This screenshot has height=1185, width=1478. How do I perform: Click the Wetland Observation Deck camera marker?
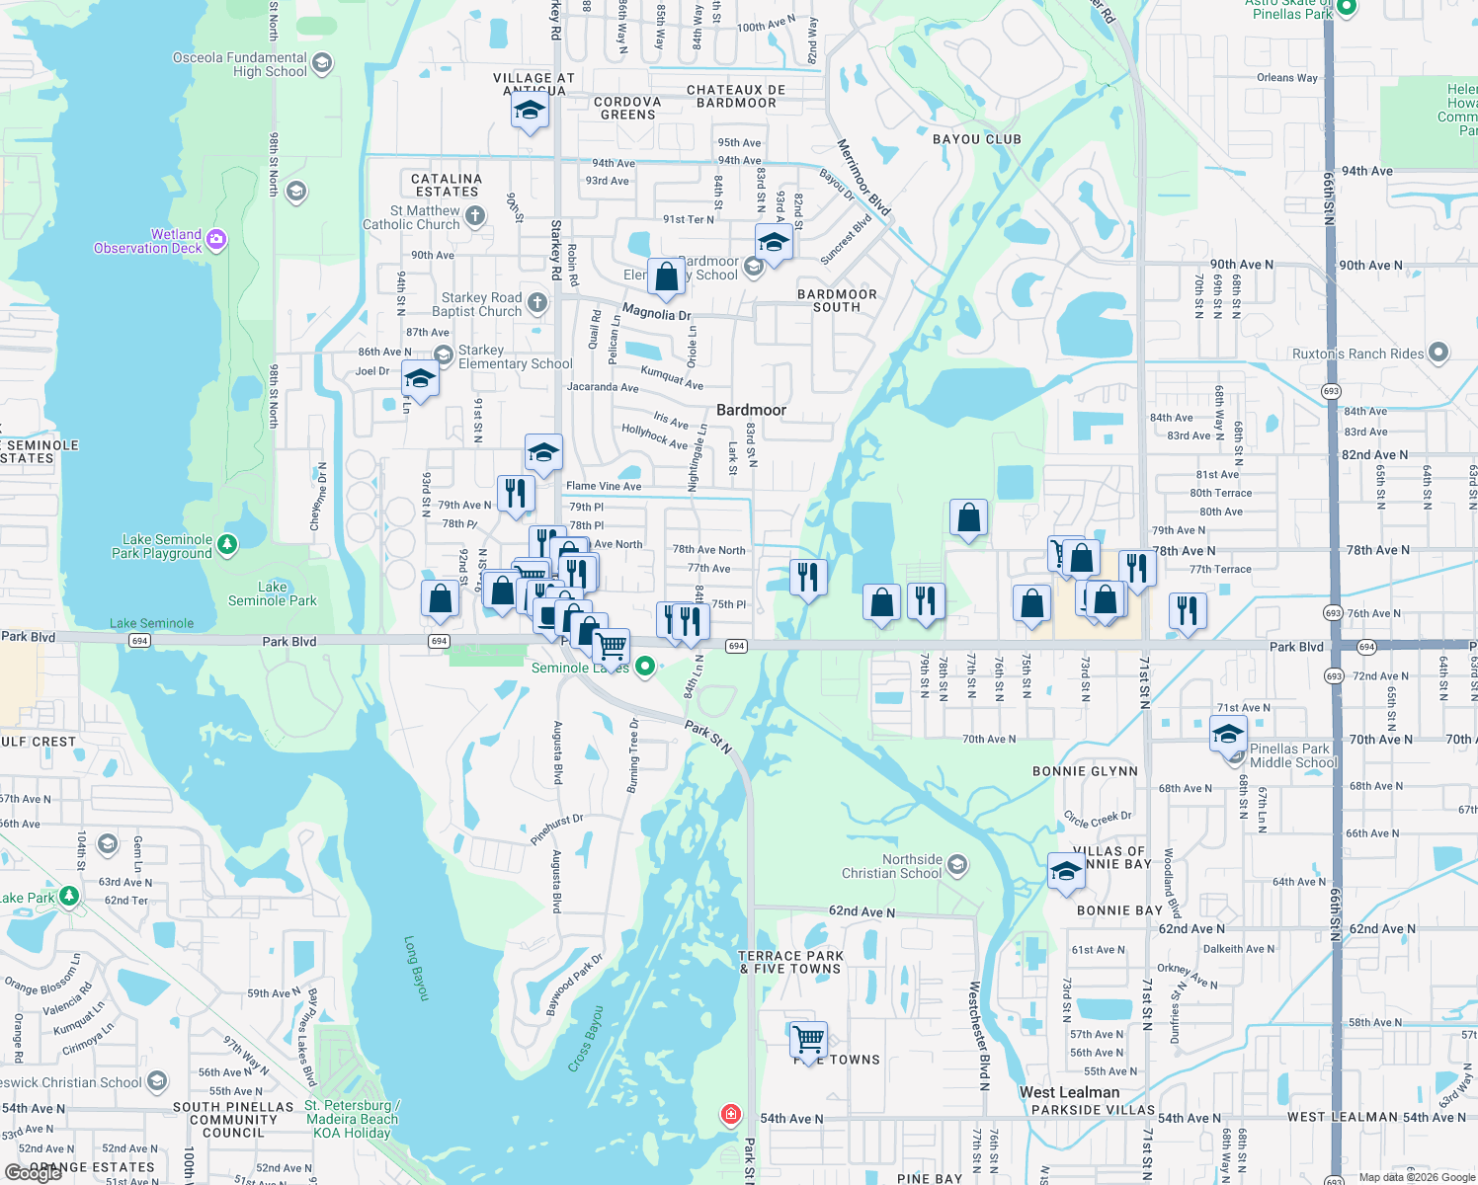(x=217, y=239)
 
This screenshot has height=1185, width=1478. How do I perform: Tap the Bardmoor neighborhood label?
(x=751, y=410)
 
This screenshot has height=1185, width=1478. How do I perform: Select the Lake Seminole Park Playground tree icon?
(x=227, y=544)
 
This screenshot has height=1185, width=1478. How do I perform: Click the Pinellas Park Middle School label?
(x=1292, y=755)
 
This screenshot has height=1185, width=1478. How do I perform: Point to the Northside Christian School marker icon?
(x=956, y=866)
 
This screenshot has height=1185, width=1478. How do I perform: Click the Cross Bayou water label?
(x=585, y=1039)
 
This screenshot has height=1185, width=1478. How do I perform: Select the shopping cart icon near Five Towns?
(x=808, y=1040)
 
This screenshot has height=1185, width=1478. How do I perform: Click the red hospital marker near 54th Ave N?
(x=730, y=1115)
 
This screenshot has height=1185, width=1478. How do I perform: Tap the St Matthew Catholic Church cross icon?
(x=475, y=215)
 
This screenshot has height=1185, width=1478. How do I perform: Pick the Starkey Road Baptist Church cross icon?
(x=537, y=302)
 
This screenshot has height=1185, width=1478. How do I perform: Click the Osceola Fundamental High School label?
(x=240, y=64)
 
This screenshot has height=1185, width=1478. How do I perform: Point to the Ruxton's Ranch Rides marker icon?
(x=1438, y=353)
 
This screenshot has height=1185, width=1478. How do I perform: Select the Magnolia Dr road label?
(x=656, y=313)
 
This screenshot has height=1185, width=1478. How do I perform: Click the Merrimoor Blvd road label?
(x=863, y=178)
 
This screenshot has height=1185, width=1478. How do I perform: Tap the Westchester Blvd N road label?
(x=978, y=1035)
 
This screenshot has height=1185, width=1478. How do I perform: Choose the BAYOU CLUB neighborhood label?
(x=976, y=139)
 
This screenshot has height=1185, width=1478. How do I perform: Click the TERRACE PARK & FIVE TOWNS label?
(x=790, y=962)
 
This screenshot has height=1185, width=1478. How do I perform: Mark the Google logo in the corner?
(x=34, y=1173)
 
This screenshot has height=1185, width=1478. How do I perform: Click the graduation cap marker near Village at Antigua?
(x=530, y=112)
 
